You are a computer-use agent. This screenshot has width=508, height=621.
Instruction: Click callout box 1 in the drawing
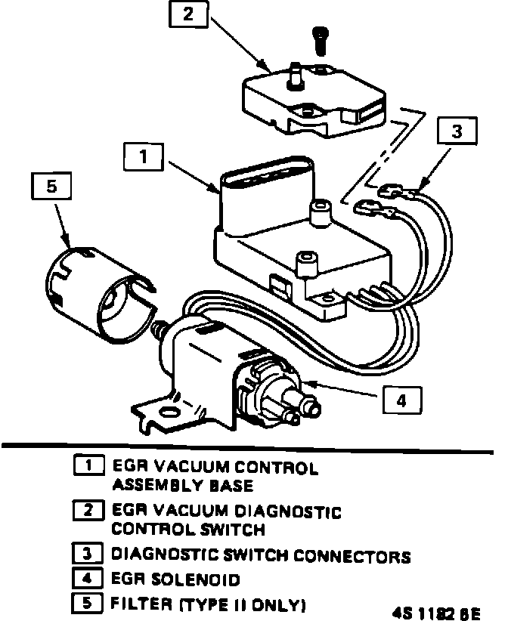pos(143,158)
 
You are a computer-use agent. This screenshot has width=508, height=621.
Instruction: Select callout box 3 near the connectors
pos(456,131)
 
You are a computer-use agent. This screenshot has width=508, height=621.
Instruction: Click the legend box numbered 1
pos(88,466)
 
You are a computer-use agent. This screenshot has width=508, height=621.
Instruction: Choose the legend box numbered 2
pos(88,511)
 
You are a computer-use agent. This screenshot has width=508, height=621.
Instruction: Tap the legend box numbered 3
pos(88,555)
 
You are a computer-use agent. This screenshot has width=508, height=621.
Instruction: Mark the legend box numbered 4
pos(88,579)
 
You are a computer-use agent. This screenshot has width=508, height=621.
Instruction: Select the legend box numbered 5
pos(88,604)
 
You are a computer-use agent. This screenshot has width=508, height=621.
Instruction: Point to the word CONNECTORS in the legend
pos(355,556)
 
